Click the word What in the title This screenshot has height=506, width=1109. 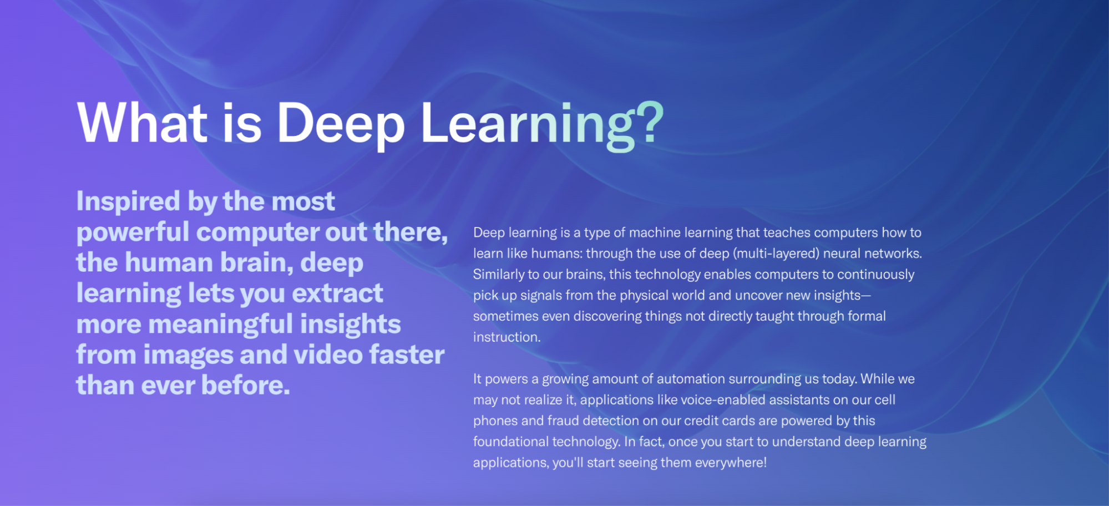tap(143, 123)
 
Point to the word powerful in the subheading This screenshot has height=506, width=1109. tap(133, 232)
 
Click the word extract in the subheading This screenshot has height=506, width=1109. tap(338, 294)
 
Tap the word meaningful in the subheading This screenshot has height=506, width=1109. tap(220, 325)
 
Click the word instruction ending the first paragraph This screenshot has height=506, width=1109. tap(507, 337)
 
